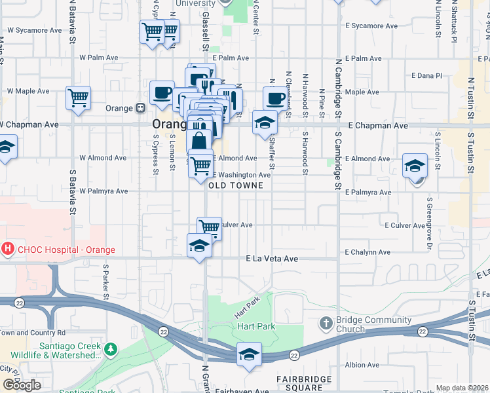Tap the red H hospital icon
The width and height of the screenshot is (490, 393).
point(8,249)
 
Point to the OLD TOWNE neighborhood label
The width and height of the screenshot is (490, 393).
point(236,186)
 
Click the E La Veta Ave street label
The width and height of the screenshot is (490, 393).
point(272,259)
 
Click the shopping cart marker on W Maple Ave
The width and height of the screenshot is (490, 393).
point(78,98)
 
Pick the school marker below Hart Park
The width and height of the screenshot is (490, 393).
point(249,355)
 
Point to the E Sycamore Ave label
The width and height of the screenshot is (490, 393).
point(371,26)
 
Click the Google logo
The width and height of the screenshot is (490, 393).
point(22,385)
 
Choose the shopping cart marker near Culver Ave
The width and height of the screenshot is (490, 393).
point(209,228)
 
